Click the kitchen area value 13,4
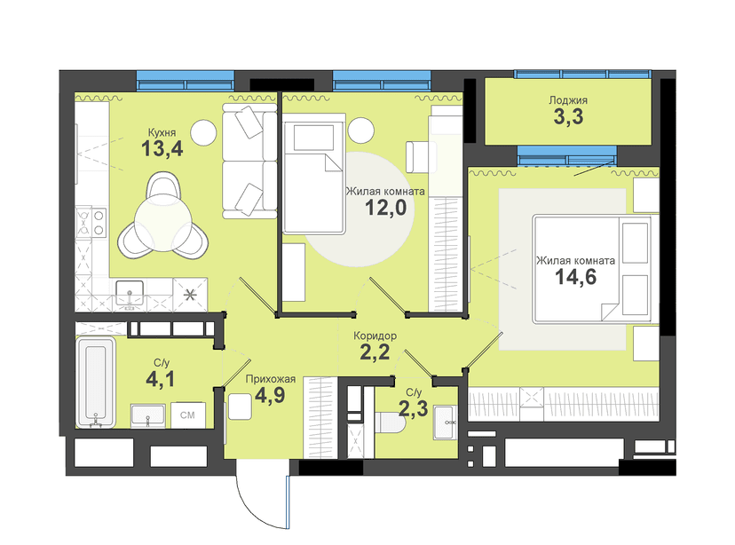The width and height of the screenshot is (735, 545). tap(162, 149)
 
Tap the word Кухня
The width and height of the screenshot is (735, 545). tap(162, 132)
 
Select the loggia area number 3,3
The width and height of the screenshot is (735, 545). tap(568, 116)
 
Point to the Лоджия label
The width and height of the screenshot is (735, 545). tap(568, 99)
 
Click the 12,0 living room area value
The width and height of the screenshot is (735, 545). tap(385, 207)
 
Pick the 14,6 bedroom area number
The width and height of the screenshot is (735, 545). tap(575, 277)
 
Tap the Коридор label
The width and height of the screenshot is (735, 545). tap(375, 336)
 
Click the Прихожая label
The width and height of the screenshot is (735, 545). tap(271, 379)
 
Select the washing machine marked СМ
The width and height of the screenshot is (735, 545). tap(187, 415)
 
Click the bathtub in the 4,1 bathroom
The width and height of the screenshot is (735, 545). tap(96, 382)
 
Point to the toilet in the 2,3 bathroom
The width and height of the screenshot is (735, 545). tap(390, 423)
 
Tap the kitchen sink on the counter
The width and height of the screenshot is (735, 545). tap(130, 294)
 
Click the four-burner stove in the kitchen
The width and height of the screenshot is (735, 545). tap(91, 223)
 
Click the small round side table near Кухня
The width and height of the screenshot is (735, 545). tap(203, 132)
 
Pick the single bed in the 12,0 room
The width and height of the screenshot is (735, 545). tap(313, 178)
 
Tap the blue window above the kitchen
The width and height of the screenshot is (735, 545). tap(186, 80)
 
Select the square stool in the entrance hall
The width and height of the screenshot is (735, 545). tap(240, 407)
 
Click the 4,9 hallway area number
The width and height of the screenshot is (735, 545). tap(270, 396)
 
